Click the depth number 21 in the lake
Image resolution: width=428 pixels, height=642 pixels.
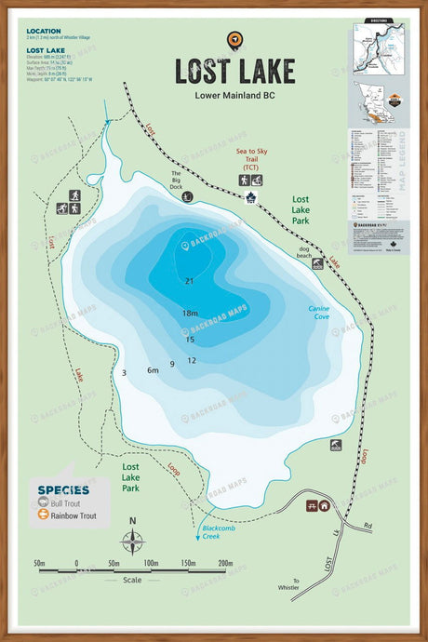(x=189, y=280)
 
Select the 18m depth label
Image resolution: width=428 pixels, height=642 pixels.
(x=190, y=314)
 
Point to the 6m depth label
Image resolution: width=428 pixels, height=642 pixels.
(x=153, y=370)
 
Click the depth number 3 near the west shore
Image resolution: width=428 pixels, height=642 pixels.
(x=124, y=372)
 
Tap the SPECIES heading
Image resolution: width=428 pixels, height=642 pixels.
(x=63, y=489)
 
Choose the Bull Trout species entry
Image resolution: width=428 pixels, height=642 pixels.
(x=66, y=502)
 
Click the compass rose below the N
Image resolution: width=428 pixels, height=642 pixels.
(x=133, y=541)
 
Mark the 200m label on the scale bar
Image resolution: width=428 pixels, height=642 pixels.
(x=225, y=564)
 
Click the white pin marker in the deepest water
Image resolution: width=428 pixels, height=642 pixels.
(x=185, y=246)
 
